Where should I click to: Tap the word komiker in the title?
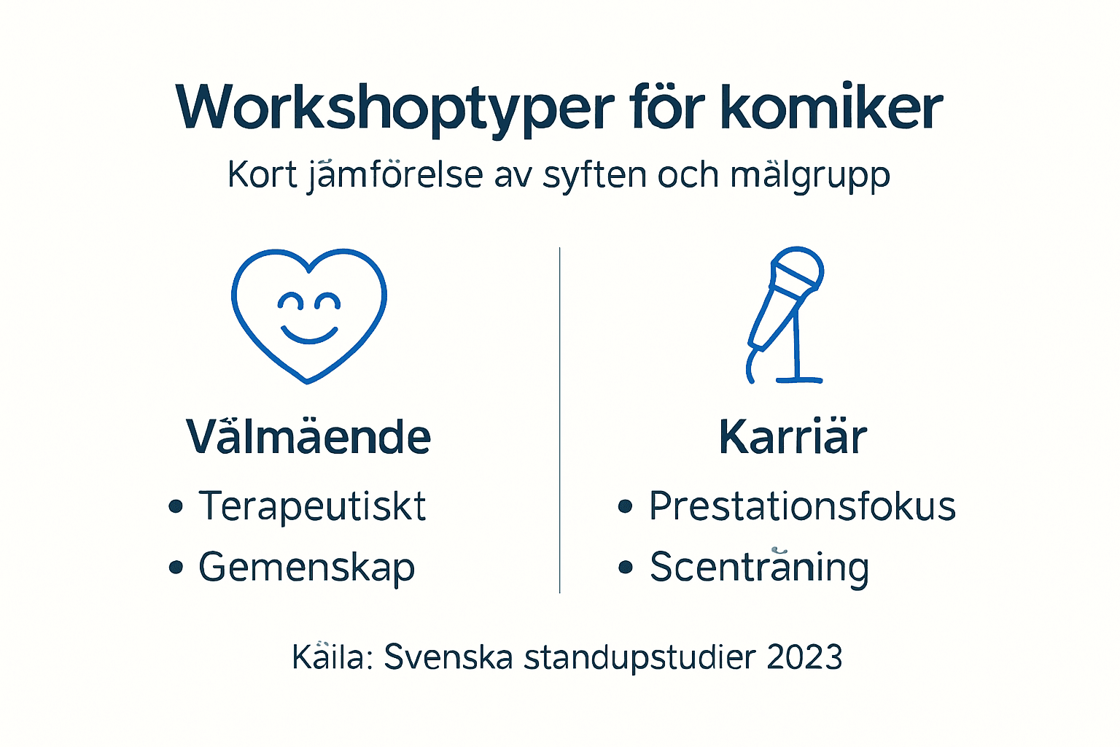[x=831, y=108]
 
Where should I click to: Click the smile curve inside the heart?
[x=309, y=335]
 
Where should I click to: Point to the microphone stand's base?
[x=799, y=379]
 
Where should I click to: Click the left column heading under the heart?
[x=308, y=437]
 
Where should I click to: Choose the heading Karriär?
[x=793, y=437]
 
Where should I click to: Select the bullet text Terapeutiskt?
[x=312, y=506]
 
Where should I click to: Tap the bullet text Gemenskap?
[x=306, y=567]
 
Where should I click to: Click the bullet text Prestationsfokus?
[x=802, y=506]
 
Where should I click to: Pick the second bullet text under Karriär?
[x=759, y=567]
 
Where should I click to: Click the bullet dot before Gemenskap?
[x=175, y=567]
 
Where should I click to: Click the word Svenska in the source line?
[x=448, y=657]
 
